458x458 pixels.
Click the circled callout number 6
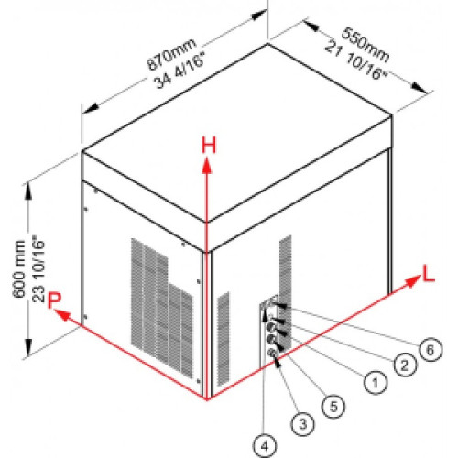pyautogui.click(x=431, y=350)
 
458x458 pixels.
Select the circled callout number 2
pyautogui.click(x=405, y=365)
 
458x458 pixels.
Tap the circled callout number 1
pyautogui.click(x=376, y=382)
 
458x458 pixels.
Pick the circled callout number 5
pyautogui.click(x=333, y=406)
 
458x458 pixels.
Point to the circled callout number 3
pyautogui.click(x=303, y=424)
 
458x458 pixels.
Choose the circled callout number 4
pyautogui.click(x=265, y=446)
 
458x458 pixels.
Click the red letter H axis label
pyautogui.click(x=209, y=145)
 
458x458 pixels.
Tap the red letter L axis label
pyautogui.click(x=428, y=274)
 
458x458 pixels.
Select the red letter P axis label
pyautogui.click(x=54, y=300)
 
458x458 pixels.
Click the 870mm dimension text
pyautogui.click(x=171, y=54)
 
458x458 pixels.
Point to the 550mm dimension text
pyautogui.click(x=365, y=45)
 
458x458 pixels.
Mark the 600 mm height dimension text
pyautogui.click(x=19, y=269)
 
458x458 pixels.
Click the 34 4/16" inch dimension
pyautogui.click(x=180, y=70)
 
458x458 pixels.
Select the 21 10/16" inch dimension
pyautogui.click(x=355, y=60)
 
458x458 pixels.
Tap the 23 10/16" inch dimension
pyautogui.click(x=38, y=268)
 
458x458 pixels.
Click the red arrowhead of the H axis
pyautogui.click(x=207, y=166)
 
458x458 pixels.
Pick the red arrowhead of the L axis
pyautogui.click(x=413, y=280)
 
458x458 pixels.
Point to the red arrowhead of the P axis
pyautogui.click(x=62, y=315)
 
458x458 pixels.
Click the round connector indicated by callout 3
pyautogui.click(x=272, y=354)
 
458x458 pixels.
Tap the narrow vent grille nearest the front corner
pyautogui.click(x=224, y=339)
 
